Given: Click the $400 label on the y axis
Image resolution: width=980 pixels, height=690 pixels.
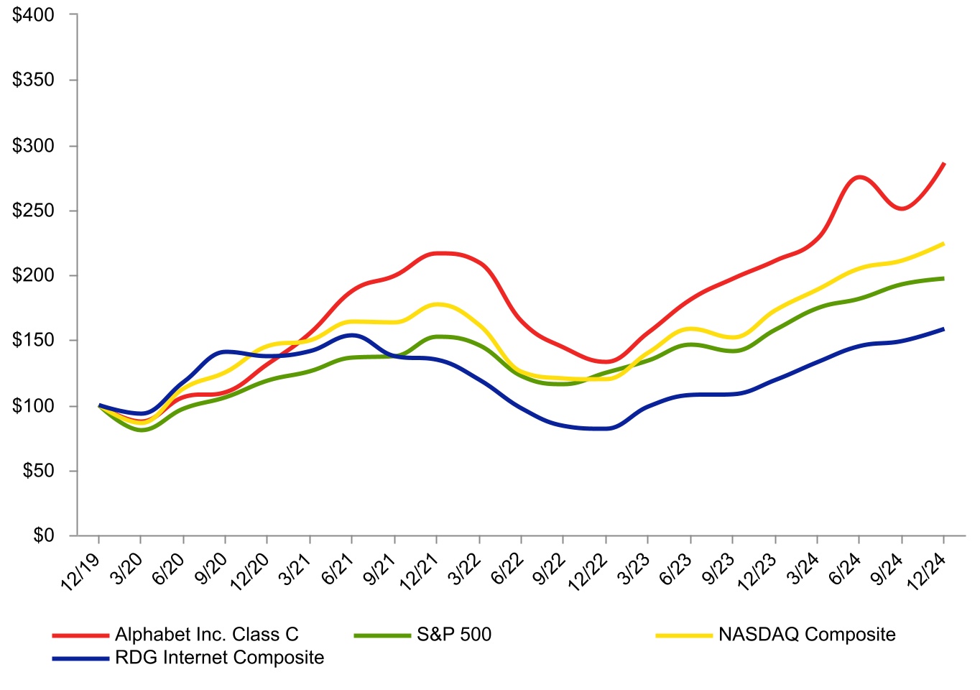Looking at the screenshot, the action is pos(33,15).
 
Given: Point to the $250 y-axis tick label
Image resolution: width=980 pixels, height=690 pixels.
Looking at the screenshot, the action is pos(33,211).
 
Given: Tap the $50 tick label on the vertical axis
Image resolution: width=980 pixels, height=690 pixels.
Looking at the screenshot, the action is pos(39,471).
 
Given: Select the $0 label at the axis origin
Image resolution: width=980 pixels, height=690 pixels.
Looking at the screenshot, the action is pos(44,535).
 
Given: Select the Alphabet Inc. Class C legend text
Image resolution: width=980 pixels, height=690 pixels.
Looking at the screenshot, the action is pos(206,635).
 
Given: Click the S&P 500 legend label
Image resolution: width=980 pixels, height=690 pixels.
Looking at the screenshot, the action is pos(454,635).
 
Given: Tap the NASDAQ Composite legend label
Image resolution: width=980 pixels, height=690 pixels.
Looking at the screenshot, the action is pos(807,635).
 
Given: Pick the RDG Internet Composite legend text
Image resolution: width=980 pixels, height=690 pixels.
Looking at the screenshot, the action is pos(220,657).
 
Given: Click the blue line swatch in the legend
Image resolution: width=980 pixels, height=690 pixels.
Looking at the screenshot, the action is pos(80,658).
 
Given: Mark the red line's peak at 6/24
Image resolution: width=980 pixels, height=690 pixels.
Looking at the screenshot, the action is pos(859,178).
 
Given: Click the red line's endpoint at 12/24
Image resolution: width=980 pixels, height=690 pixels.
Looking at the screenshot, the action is pos(943,164).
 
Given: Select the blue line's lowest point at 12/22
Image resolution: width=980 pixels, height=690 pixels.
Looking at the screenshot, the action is pos(606,428).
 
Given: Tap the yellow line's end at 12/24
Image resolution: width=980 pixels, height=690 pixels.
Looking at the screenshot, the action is pos(943,244).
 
